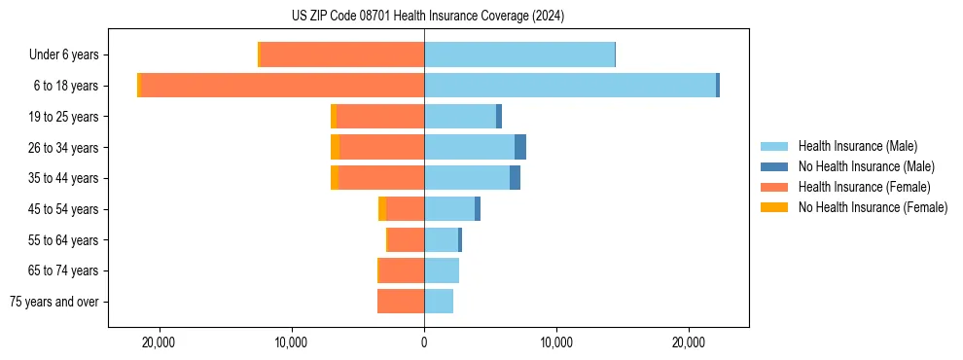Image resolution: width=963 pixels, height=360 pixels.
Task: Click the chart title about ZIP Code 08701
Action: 427,16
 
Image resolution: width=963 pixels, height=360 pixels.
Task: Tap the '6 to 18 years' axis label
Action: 65,86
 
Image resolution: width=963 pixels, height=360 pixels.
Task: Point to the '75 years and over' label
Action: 54,302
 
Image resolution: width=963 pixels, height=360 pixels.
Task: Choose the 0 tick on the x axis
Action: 424,342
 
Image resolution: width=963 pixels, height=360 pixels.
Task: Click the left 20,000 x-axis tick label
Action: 158,342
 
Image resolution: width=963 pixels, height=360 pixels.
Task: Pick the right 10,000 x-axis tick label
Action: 556,342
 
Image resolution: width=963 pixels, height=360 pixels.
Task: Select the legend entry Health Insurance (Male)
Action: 857,146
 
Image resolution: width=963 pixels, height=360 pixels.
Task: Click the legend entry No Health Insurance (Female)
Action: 873,207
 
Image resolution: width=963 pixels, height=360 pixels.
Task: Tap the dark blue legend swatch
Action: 774,166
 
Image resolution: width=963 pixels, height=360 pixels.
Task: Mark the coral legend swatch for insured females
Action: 774,187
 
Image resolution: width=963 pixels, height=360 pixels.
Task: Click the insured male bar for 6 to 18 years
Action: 570,86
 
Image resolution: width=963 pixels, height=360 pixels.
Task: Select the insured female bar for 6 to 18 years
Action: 282,86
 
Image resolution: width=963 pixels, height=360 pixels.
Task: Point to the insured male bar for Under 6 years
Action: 519,55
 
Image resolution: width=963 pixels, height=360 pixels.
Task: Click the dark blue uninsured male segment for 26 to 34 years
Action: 520,147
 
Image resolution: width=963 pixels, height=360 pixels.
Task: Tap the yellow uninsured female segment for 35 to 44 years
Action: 335,178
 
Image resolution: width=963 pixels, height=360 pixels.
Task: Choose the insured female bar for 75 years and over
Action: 401,302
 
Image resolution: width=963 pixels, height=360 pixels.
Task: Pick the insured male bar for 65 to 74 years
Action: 442,270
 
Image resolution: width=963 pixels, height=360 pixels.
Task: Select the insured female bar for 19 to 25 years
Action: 380,117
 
